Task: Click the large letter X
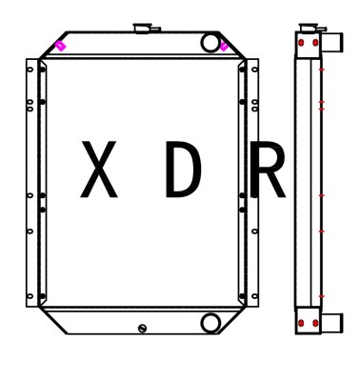[98, 170]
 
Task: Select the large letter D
[183, 170]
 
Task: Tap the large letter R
[267, 170]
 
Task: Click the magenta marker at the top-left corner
[61, 45]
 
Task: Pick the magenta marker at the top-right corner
[224, 45]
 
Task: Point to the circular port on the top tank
[210, 42]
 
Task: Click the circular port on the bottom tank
[210, 323]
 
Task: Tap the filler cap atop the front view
[145, 29]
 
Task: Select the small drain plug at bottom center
[142, 328]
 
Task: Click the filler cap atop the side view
[308, 28]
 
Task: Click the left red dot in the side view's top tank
[302, 44]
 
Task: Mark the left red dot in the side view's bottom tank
[302, 323]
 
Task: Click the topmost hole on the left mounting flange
[30, 69]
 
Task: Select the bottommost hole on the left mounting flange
[30, 297]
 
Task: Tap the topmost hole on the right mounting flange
[253, 69]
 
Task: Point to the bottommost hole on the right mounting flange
[253, 297]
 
